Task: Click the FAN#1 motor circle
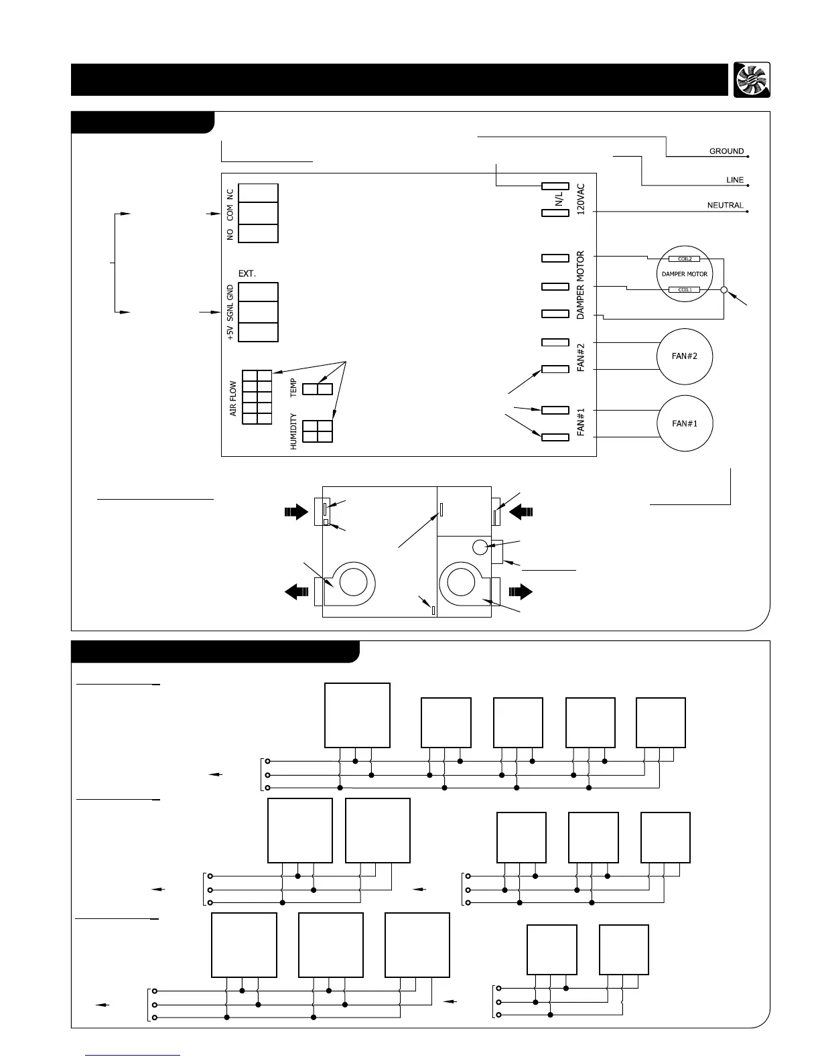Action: tap(684, 423)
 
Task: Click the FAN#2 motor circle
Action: tap(684, 356)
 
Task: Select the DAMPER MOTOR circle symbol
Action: tap(684, 273)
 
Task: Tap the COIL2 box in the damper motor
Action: tap(684, 259)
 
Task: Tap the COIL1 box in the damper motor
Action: tap(684, 289)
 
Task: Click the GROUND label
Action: tap(726, 151)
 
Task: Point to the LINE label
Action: tap(734, 180)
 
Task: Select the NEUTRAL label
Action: tap(725, 206)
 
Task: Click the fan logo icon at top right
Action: tap(751, 80)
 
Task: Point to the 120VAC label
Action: tap(581, 199)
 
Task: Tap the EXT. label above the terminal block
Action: tap(247, 274)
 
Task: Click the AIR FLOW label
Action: tap(233, 399)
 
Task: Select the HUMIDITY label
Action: tap(293, 431)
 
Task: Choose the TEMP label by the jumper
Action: tap(293, 388)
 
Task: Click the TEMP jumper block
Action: tap(318, 388)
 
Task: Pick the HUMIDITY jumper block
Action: tap(318, 431)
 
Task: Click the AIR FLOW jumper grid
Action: tap(257, 397)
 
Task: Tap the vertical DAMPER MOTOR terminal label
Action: tap(581, 285)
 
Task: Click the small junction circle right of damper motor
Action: tap(724, 290)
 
